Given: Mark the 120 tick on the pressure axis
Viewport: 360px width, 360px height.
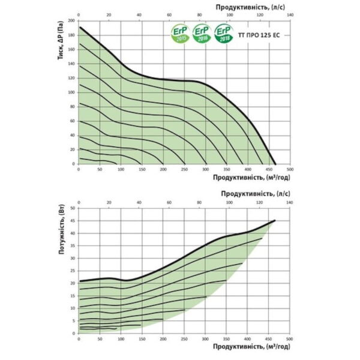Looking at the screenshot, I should [x=72, y=77].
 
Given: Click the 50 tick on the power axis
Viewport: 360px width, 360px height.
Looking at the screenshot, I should [x=73, y=208].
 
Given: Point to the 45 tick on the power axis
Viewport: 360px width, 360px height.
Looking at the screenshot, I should [x=73, y=220].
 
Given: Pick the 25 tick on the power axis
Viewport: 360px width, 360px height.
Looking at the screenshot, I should [x=73, y=270].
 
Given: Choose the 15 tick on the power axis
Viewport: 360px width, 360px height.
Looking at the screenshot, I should [x=73, y=295].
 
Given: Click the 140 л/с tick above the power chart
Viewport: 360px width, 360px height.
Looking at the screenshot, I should [x=289, y=202].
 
